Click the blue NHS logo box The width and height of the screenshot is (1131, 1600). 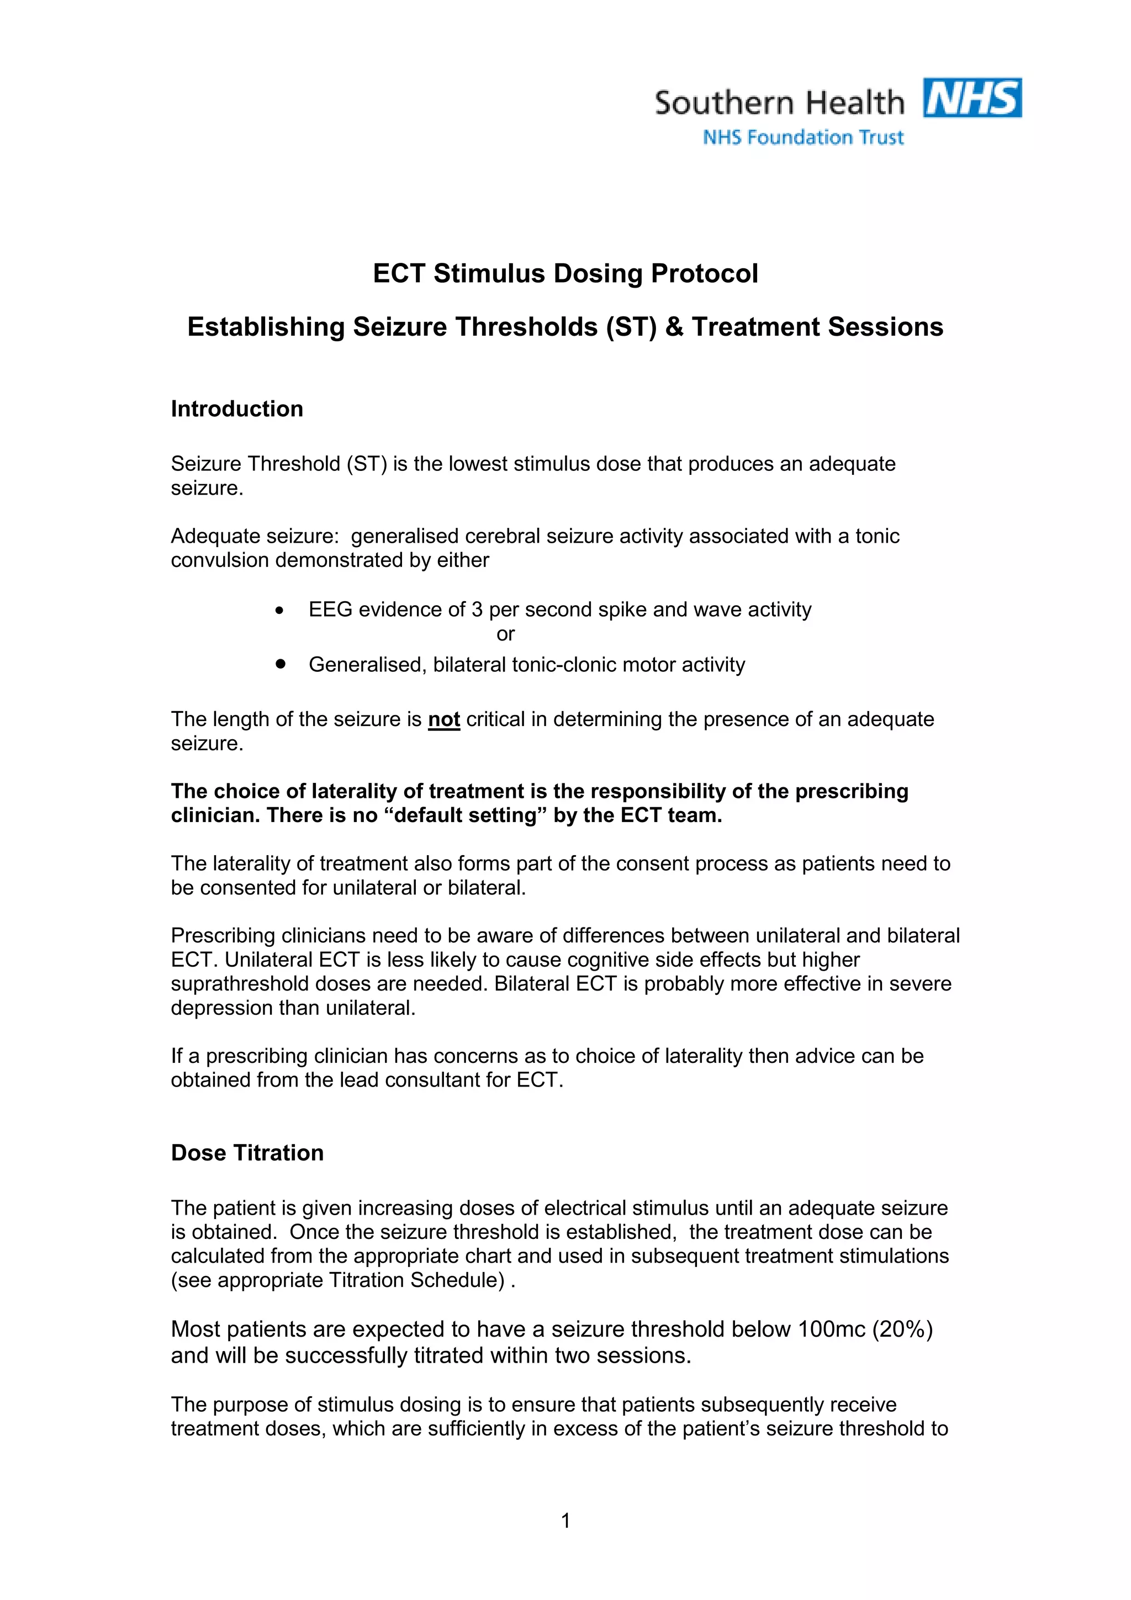click(972, 98)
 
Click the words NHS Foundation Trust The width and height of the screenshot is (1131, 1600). click(803, 137)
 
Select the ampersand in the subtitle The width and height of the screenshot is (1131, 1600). click(674, 327)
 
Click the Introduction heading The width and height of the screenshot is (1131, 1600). click(237, 409)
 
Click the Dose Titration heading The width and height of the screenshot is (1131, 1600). click(247, 1153)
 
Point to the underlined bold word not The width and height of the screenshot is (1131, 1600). click(444, 719)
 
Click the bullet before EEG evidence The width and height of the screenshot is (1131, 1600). click(279, 611)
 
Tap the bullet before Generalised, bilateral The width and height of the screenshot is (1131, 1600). click(280, 664)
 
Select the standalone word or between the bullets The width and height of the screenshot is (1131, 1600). click(505, 634)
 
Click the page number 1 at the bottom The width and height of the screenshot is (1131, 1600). click(565, 1520)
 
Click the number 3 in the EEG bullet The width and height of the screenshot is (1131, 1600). click(477, 610)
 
